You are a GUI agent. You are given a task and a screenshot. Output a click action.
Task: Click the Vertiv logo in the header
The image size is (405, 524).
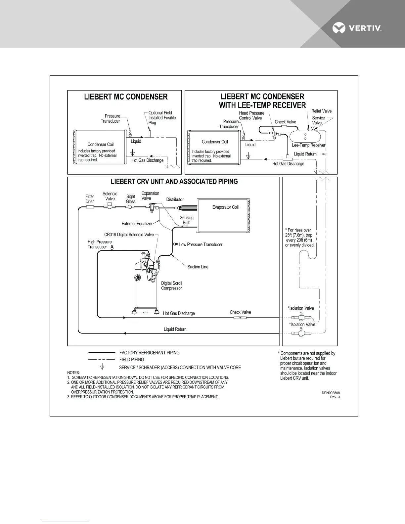(357, 28)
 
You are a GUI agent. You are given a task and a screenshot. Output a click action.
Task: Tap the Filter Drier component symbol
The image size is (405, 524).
(90, 207)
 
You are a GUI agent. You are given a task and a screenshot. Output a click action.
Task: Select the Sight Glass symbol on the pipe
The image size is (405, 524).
(130, 207)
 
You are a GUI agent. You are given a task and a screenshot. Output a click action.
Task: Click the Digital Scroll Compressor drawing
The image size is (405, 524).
(146, 284)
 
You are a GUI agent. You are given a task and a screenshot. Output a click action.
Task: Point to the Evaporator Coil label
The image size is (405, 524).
(225, 207)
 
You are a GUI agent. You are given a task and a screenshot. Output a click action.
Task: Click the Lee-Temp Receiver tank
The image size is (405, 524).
(305, 136)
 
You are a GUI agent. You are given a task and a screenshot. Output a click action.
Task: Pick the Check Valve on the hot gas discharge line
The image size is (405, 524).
(240, 318)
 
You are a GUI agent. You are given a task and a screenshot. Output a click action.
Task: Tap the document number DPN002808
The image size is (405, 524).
(331, 393)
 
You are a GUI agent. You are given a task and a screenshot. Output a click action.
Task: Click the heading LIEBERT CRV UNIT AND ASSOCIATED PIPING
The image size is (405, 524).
(174, 182)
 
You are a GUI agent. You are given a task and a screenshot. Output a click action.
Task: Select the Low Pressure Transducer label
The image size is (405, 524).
(201, 245)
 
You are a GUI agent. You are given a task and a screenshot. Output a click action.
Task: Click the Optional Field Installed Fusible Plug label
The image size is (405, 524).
(162, 118)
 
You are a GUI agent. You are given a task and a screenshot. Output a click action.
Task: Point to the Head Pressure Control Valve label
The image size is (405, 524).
(251, 115)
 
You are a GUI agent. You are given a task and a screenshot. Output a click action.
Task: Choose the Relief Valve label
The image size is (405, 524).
(321, 111)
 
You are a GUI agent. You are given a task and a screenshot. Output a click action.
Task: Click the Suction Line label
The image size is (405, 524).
(198, 267)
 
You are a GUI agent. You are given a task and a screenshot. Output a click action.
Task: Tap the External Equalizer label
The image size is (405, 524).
(137, 224)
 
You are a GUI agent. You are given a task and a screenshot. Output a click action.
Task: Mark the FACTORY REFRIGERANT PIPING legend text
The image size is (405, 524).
(149, 353)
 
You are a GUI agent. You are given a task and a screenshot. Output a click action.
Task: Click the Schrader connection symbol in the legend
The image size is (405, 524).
(103, 367)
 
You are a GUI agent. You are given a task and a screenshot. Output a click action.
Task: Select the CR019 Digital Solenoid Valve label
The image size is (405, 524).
(129, 235)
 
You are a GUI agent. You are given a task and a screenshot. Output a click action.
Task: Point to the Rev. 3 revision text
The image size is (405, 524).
(335, 397)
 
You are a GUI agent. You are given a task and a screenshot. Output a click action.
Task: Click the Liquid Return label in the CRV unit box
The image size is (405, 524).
(175, 329)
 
